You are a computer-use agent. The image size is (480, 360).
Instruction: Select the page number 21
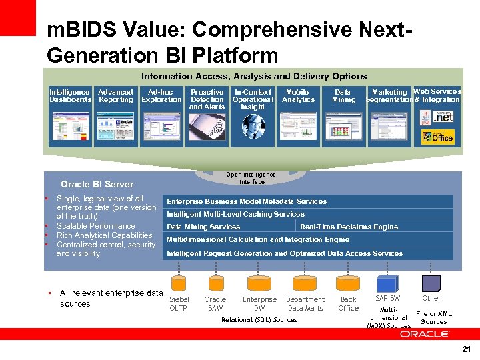[x=465, y=349]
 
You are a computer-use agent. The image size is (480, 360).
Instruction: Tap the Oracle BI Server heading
[x=97, y=184]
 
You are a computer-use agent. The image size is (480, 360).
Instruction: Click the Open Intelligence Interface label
[x=251, y=178]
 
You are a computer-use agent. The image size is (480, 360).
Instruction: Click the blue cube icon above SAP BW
[x=387, y=281]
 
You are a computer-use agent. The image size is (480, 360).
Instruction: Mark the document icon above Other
[x=431, y=281]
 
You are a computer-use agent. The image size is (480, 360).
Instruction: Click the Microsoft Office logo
[x=437, y=137]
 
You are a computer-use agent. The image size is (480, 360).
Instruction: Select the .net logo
[x=441, y=117]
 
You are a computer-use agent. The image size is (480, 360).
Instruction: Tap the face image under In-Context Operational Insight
[x=253, y=125]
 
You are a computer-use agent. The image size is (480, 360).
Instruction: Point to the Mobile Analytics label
[x=297, y=95]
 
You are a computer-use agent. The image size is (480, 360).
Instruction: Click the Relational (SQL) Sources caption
[x=259, y=320]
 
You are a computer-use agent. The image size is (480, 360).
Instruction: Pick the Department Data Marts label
[x=305, y=303]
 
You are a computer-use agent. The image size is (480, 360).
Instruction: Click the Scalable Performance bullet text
[x=95, y=226]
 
